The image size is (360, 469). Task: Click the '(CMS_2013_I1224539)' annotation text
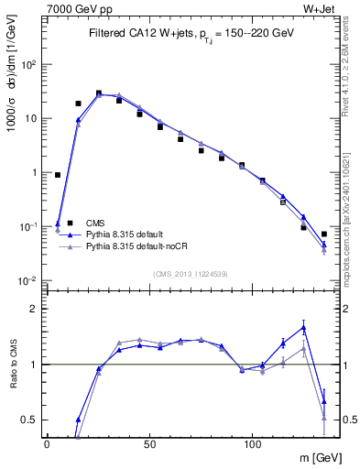pyautogui.click(x=190, y=272)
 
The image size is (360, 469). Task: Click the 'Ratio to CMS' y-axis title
pyautogui.click(x=13, y=364)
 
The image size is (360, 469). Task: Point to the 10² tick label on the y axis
pyautogui.click(x=30, y=65)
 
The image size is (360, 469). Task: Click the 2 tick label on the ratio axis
pyautogui.click(x=35, y=309)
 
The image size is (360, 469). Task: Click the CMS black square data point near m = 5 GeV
pyautogui.click(x=58, y=175)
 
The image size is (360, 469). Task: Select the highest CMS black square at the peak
pyautogui.click(x=99, y=93)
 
